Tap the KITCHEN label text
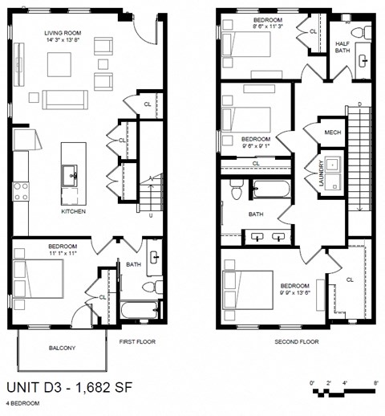coord(73,212)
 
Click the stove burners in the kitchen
coord(20,191)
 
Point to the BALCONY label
coord(61,348)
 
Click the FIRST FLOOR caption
coord(136,341)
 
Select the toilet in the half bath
coord(366,33)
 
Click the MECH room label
coord(333,132)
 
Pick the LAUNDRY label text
coord(320,173)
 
